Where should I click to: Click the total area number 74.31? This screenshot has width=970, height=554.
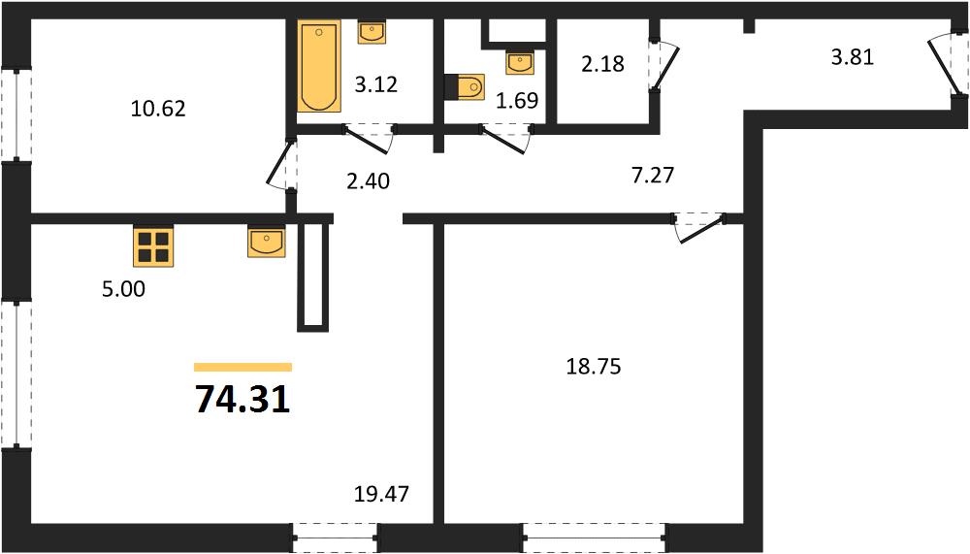tap(242, 400)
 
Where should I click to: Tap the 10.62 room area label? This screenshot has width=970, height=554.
tap(158, 109)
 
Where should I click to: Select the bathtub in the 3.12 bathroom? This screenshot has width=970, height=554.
tap(319, 66)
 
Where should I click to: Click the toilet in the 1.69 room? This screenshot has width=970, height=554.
tap(465, 86)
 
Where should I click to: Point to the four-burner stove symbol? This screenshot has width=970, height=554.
tap(153, 245)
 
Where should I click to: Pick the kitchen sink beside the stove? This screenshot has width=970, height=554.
tap(267, 242)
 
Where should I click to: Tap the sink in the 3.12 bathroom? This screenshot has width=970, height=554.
tap(372, 32)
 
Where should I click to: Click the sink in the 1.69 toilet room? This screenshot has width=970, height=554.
tap(520, 62)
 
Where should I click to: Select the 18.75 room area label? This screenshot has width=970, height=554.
tap(594, 367)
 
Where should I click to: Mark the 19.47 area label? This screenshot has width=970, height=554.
tap(381, 494)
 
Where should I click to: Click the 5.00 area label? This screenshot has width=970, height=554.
tap(124, 289)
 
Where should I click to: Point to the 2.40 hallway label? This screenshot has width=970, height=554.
tap(368, 181)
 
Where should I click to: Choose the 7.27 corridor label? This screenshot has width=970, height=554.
tap(653, 176)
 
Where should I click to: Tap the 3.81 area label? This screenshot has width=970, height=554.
tap(852, 57)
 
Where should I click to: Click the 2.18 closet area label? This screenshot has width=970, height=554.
tap(602, 64)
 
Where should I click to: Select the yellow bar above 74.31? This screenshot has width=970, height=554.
tap(242, 367)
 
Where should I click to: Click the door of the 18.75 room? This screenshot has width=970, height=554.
tap(700, 228)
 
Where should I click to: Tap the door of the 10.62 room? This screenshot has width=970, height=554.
tap(281, 163)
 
